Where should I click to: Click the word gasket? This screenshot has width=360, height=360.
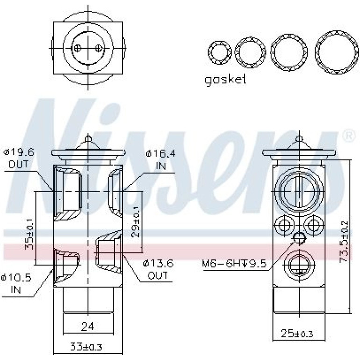click(225, 80)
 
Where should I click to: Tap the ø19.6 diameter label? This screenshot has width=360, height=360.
click(19, 152)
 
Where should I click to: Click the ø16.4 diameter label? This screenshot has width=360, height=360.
click(160, 153)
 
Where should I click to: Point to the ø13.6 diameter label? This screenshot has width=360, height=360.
click(158, 263)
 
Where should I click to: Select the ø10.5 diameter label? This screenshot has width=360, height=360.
click(15, 278)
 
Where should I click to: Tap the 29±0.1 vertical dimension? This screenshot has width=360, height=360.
click(136, 221)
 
